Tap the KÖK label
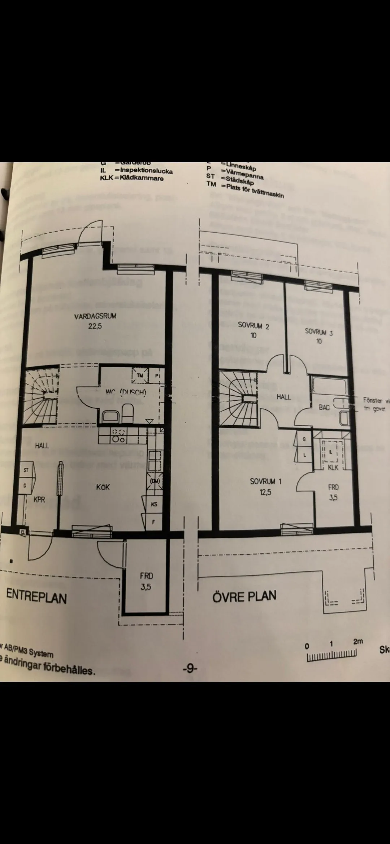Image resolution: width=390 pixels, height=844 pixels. (103, 487)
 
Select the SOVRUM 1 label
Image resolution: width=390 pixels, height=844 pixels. (265, 481)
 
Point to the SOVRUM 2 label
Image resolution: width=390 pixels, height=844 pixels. (253, 325)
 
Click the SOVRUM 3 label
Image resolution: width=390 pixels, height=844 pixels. (318, 331)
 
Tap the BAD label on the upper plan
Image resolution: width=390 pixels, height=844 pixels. (324, 407)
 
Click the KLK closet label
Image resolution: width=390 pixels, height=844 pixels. (333, 467)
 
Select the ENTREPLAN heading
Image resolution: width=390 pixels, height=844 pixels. (36, 597)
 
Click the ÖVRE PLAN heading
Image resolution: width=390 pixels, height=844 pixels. (244, 596)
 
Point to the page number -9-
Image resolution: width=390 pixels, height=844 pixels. (190, 669)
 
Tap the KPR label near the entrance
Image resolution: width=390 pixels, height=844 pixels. (39, 500)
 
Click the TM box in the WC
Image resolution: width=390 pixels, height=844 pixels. (140, 375)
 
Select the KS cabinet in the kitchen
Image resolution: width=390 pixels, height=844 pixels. (154, 504)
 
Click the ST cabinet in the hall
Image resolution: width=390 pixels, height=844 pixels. (26, 470)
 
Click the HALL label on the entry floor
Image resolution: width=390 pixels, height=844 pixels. (42, 446)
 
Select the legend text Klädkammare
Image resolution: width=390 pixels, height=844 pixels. (142, 178)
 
